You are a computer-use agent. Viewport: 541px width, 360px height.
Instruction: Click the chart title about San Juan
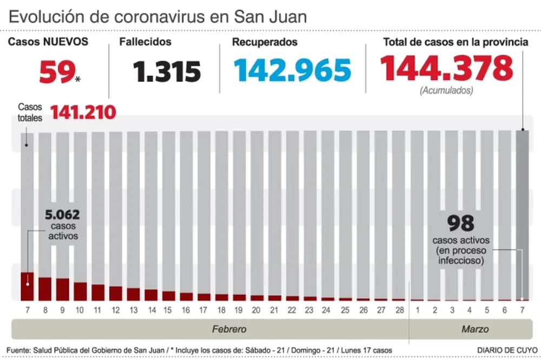click(x=157, y=16)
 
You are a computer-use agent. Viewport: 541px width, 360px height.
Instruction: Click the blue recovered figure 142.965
click(x=292, y=70)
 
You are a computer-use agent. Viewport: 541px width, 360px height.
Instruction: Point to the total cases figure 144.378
click(x=446, y=69)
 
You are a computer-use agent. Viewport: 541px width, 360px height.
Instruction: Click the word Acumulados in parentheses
click(x=446, y=91)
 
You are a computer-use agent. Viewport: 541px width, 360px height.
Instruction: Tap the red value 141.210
click(x=83, y=112)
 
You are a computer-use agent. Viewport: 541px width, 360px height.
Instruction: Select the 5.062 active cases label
click(x=63, y=216)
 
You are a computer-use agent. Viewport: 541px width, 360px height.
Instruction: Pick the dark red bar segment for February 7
click(x=27, y=286)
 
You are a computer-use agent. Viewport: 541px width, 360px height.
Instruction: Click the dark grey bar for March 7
click(x=523, y=216)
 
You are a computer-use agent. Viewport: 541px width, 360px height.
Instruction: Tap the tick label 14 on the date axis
click(x=152, y=310)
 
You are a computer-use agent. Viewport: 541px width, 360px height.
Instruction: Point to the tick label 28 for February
click(x=399, y=310)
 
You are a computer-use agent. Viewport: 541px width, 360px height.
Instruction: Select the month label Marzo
click(x=475, y=329)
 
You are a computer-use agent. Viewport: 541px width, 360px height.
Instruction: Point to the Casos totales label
click(x=30, y=112)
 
